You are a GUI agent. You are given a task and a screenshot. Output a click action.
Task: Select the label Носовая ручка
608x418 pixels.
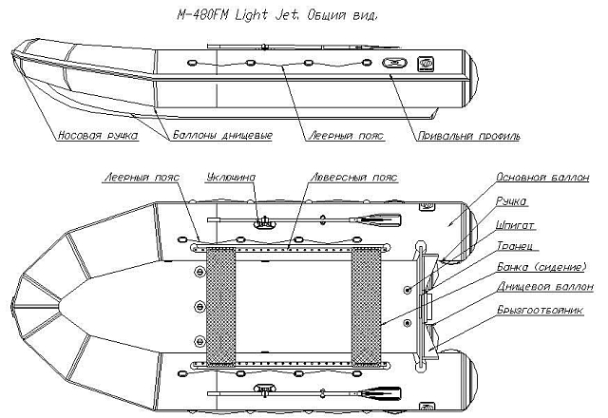[98, 135]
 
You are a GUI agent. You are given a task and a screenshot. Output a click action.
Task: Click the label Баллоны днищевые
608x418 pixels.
[222, 135]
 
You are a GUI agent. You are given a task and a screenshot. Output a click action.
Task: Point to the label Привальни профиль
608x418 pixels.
[468, 135]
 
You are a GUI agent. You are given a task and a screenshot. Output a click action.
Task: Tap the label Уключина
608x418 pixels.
[231, 178]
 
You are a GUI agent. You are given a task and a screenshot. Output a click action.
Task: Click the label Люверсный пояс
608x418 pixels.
[352, 178]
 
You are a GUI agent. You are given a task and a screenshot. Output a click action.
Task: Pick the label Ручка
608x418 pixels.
[512, 200]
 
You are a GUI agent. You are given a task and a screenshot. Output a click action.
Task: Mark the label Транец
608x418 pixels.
[514, 244]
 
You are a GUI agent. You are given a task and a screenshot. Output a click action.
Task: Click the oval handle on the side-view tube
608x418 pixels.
[392, 64]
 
